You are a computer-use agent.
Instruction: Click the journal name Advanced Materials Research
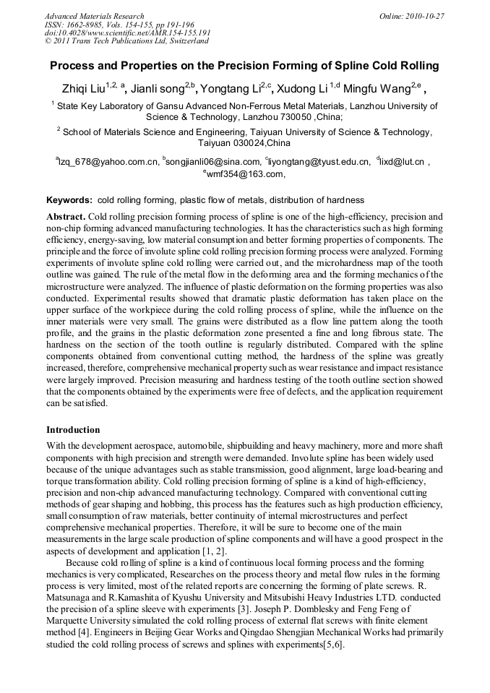pyautogui.click(x=94, y=16)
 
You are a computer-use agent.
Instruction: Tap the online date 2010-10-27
pyautogui.click(x=426, y=16)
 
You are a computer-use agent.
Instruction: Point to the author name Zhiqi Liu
pyautogui.click(x=83, y=90)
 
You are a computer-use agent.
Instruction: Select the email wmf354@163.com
pyautogui.click(x=246, y=174)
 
